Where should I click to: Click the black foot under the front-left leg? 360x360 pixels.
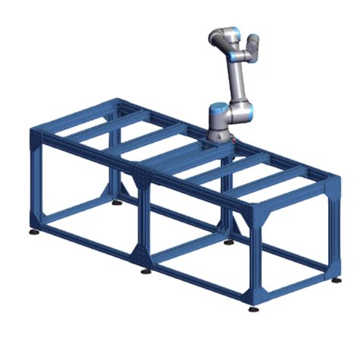tap(35, 230)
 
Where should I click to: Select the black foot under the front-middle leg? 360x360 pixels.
tap(145, 271)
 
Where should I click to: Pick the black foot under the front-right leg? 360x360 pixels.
tap(253, 309)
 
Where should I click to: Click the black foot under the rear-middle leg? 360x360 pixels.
tap(229, 242)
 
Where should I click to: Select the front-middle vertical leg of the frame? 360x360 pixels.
tap(143, 220)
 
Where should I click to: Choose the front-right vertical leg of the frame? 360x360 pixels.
tap(252, 258)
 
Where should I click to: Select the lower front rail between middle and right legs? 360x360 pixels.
tap(199, 280)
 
